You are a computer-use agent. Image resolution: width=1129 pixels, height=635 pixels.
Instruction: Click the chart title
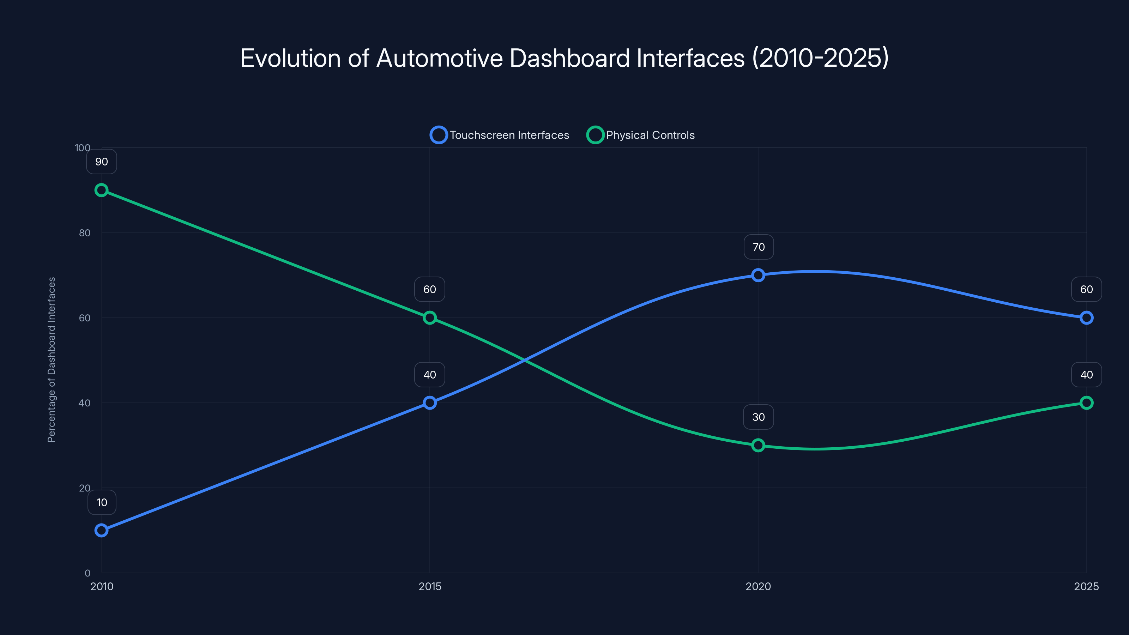(564, 58)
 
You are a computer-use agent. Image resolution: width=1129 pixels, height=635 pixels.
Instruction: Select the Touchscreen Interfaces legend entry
(500, 135)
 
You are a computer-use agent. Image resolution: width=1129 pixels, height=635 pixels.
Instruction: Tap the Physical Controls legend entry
(641, 135)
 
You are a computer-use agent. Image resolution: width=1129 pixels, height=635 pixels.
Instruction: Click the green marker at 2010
(101, 190)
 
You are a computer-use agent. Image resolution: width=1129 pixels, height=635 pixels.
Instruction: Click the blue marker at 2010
(101, 530)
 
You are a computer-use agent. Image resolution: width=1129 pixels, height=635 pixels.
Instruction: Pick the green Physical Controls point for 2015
(429, 318)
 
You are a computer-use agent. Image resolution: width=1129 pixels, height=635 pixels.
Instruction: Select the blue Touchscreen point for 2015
(429, 403)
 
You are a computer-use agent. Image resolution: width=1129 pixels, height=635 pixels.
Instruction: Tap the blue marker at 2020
(758, 275)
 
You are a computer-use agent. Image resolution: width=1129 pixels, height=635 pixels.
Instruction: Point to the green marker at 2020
(758, 445)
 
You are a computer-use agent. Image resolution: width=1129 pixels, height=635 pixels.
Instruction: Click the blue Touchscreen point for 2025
(1086, 318)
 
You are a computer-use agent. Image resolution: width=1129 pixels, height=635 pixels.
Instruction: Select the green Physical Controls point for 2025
(1086, 403)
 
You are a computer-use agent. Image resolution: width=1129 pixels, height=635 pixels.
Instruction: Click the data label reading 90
(101, 162)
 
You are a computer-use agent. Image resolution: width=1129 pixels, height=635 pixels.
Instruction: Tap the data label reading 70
(758, 247)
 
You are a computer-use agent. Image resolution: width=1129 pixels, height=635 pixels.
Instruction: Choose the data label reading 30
(758, 417)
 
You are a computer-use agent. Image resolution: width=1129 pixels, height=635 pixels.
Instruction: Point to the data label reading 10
(102, 502)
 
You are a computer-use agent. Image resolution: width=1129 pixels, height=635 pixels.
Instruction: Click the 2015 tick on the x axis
(429, 586)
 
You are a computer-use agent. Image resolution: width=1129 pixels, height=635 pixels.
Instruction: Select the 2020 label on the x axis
(758, 586)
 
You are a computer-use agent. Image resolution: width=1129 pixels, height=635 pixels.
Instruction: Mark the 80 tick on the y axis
(85, 233)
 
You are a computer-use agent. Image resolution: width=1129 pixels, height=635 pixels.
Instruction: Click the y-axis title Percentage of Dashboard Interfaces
(51, 359)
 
